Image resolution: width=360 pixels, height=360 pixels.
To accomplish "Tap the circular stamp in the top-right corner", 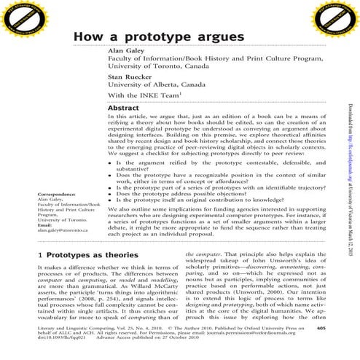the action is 339,17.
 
